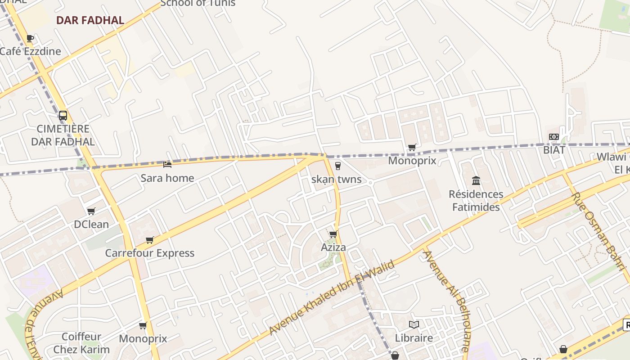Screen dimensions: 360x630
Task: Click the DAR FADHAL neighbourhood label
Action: [90, 20]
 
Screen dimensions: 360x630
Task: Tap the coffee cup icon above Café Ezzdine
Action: [30, 38]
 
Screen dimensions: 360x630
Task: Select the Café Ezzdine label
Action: [30, 51]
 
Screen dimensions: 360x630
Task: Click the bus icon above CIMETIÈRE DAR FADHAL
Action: [63, 116]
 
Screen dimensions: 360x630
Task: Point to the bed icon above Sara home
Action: [167, 165]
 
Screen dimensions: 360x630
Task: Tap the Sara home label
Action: [167, 178]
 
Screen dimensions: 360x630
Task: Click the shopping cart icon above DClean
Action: [91, 211]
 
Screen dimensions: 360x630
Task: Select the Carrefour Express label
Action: [150, 253]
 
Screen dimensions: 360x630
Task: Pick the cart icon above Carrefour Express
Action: [150, 240]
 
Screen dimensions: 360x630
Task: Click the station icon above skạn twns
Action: [338, 166]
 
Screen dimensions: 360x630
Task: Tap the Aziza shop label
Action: [333, 247]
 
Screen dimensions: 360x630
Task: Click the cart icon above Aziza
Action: [333, 234]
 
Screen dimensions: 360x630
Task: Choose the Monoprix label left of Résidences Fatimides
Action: [412, 161]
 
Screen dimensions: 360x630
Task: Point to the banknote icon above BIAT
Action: [554, 137]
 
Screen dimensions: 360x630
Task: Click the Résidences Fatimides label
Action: [476, 201]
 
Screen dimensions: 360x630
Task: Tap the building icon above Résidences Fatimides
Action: [476, 181]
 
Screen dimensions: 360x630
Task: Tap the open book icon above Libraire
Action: [414, 324]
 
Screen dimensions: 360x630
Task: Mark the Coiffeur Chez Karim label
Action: [81, 343]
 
